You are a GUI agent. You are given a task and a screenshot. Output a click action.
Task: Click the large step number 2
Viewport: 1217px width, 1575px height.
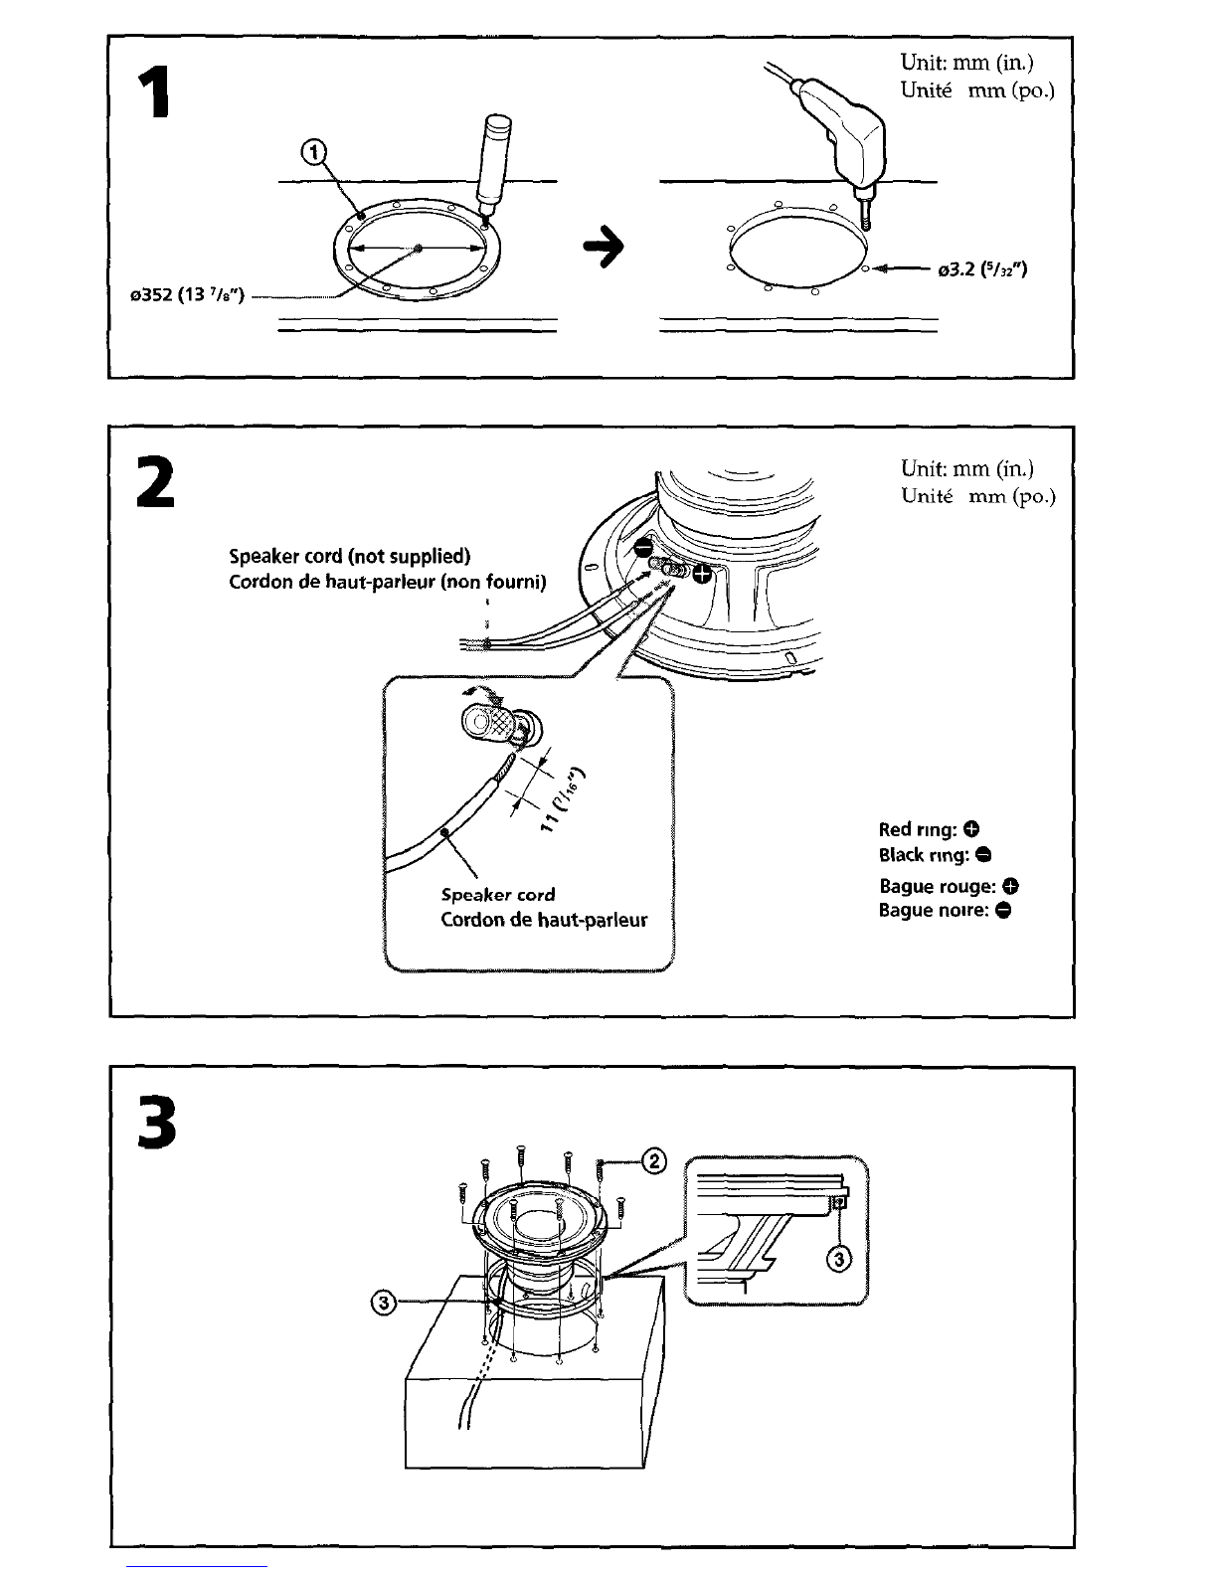156,481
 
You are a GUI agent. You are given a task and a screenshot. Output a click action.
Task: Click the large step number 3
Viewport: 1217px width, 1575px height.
156,1123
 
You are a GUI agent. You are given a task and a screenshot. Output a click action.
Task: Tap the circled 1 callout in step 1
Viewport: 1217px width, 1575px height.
313,152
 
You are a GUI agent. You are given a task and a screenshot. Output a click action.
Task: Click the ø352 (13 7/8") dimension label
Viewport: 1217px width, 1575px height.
187,295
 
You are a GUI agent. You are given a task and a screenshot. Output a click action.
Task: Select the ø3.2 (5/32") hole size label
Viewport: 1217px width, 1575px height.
982,269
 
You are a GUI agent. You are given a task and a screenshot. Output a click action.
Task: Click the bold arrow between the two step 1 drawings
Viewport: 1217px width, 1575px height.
604,247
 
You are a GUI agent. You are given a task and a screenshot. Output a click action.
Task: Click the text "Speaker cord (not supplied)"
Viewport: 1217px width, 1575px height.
349,557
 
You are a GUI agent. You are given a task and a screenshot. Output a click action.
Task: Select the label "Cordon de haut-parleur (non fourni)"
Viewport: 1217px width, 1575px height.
387,582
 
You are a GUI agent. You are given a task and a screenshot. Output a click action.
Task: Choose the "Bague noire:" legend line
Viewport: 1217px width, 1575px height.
945,910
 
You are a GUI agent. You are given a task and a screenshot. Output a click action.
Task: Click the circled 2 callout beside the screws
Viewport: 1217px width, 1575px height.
654,1162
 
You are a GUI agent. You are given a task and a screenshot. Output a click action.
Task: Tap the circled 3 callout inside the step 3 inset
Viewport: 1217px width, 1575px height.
838,1259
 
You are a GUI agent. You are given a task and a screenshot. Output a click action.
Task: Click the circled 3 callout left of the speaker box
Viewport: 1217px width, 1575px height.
384,1304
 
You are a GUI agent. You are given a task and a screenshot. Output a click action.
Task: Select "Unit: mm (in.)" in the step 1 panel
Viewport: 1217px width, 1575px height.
966,63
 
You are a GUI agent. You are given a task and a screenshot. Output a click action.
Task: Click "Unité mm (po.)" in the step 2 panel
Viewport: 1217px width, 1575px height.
977,496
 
